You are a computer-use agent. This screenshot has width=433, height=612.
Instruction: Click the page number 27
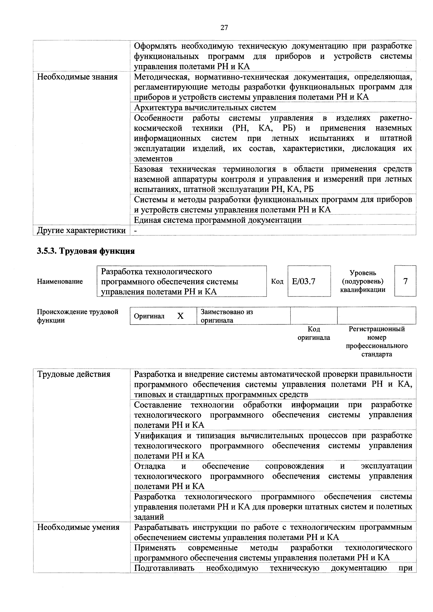(x=224, y=27)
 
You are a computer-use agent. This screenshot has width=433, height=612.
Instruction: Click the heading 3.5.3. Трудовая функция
(x=86, y=251)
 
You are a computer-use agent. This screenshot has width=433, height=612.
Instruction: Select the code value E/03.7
(x=304, y=281)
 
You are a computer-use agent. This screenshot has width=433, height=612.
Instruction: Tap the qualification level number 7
(x=405, y=281)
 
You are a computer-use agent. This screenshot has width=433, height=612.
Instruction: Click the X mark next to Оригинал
(x=181, y=316)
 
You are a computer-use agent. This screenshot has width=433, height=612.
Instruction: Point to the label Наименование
(x=60, y=281)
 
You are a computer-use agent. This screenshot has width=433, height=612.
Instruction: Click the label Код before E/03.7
(x=277, y=281)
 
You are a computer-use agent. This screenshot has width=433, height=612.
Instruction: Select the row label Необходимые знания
(x=77, y=77)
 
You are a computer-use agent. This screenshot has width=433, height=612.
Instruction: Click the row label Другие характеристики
(x=81, y=230)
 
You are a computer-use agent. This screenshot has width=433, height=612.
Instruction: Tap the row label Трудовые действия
(x=74, y=375)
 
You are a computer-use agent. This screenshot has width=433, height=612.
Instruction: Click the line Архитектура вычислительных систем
(x=205, y=107)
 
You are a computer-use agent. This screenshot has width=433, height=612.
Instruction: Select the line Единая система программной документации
(x=218, y=220)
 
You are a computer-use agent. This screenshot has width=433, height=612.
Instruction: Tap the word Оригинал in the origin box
(x=149, y=316)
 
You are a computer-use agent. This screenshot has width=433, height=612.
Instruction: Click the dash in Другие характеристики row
(x=135, y=231)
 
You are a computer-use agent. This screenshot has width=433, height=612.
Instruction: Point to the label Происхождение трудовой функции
(x=77, y=316)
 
